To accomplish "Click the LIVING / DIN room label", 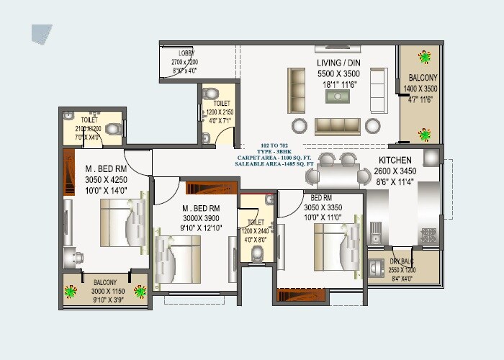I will pyautogui.click(x=338, y=63).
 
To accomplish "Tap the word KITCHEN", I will pyautogui.click(x=395, y=160).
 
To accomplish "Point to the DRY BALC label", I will pyautogui.click(x=402, y=261).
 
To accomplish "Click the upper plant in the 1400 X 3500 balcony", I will pyautogui.click(x=425, y=57).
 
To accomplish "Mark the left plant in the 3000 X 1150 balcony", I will pyautogui.click(x=71, y=291).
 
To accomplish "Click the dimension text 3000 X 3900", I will pyautogui.click(x=201, y=218).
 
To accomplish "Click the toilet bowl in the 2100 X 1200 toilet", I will pyautogui.click(x=112, y=129).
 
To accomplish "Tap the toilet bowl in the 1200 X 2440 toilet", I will pyautogui.click(x=257, y=253).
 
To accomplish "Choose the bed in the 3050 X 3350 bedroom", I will pyautogui.click(x=332, y=243).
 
